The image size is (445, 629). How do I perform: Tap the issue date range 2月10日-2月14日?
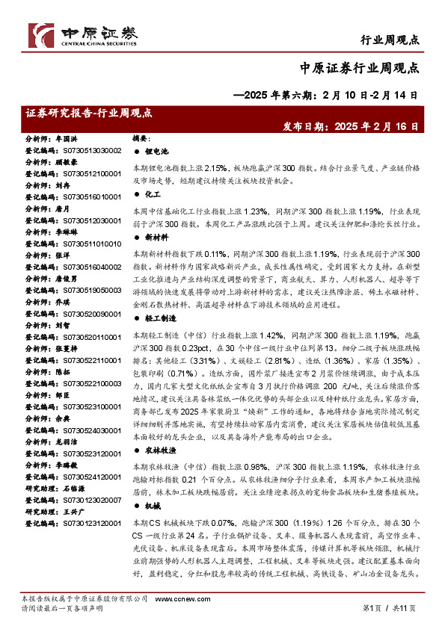(x=368, y=96)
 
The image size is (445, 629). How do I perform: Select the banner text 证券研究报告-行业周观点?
(x=88, y=114)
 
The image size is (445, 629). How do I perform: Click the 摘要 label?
(x=142, y=139)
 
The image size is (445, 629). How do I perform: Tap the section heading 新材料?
(x=158, y=238)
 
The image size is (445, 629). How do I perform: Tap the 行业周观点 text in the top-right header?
(x=389, y=40)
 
